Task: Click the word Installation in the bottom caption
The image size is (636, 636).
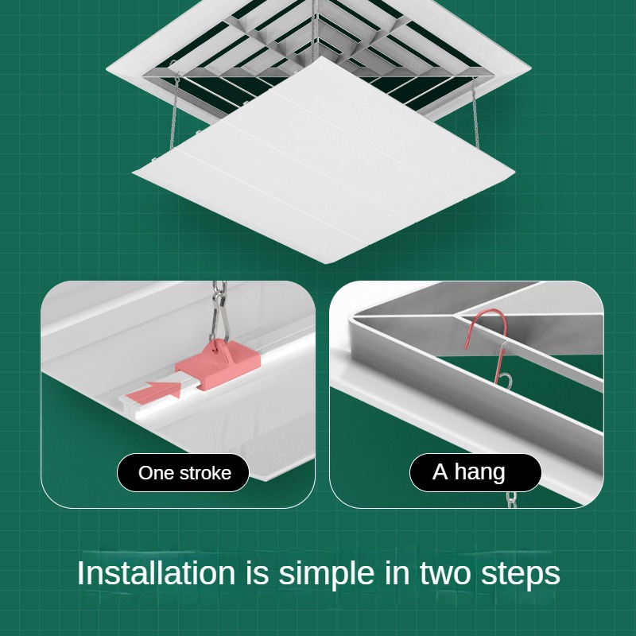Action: [156, 572]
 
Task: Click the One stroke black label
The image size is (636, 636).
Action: [183, 472]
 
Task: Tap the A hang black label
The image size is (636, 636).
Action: [475, 472]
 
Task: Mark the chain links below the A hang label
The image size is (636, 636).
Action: [512, 499]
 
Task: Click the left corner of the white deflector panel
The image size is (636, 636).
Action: [133, 172]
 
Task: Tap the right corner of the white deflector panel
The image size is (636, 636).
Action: [514, 173]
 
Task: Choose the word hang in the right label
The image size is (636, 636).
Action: [479, 473]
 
